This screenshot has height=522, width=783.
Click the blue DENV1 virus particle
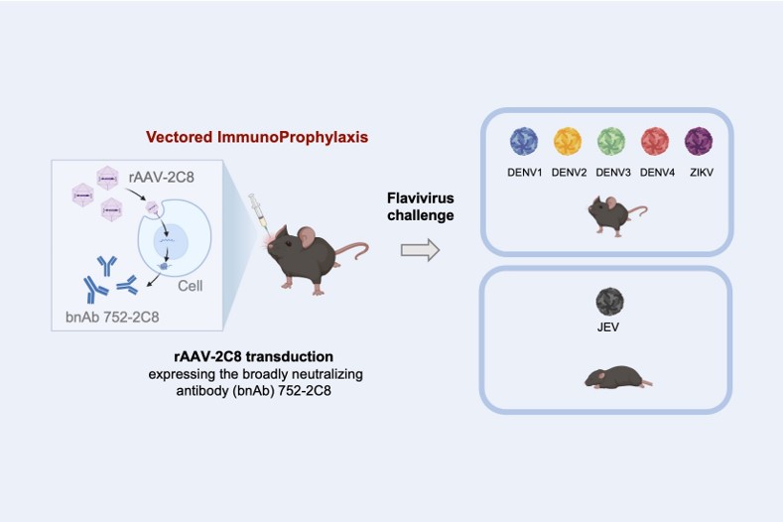click(x=523, y=141)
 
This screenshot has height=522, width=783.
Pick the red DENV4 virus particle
click(x=656, y=141)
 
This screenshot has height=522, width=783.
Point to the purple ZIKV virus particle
click(x=700, y=141)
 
